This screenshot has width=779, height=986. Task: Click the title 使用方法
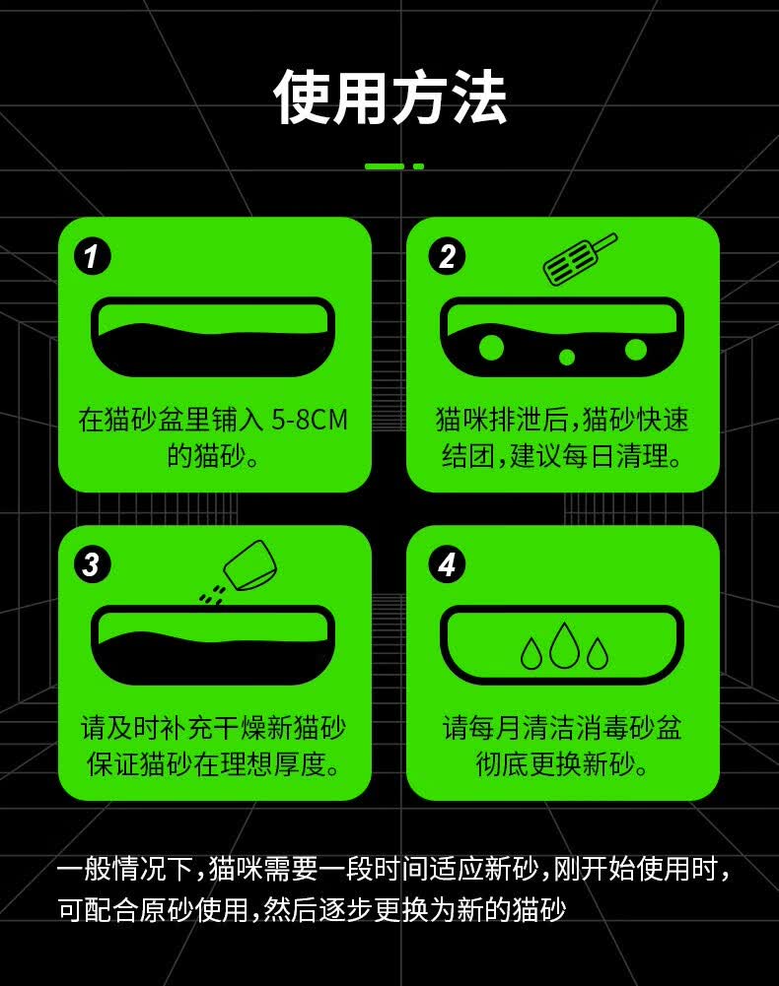coord(389,98)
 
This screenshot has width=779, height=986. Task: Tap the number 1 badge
coord(93,256)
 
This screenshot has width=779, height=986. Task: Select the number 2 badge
coord(447,256)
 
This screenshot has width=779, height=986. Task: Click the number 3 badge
coord(93,564)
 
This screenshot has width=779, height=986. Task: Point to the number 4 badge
coord(447,564)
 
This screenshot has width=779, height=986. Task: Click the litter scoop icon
coord(580,259)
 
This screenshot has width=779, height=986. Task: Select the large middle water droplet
coord(564,645)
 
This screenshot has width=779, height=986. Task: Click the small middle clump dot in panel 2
coord(567,358)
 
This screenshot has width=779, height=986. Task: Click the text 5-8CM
coord(310,420)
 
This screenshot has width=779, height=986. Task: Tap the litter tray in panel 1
coord(213,337)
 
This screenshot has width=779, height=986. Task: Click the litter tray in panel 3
coord(213,645)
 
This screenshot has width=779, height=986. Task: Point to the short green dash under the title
coord(418,166)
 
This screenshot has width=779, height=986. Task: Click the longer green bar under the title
coord(385,166)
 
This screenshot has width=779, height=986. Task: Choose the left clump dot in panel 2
coord(491,348)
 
